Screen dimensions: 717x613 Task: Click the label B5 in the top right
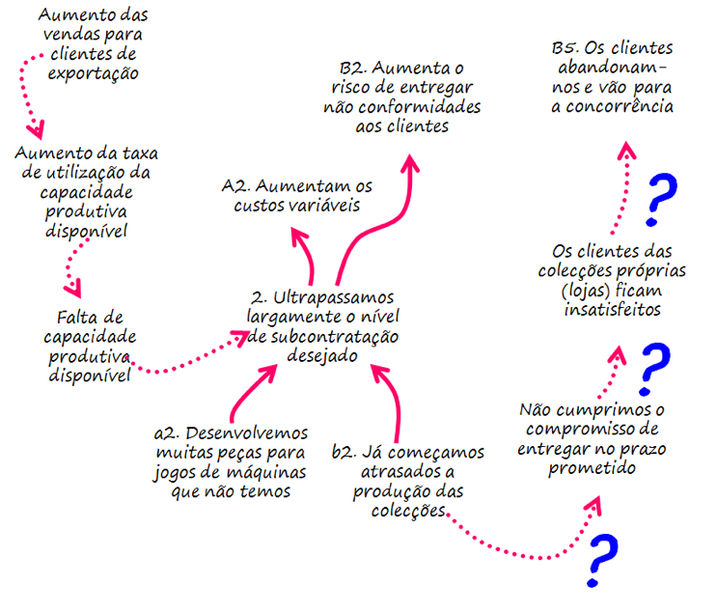tap(565, 48)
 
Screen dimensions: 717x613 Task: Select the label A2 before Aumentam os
tap(236, 185)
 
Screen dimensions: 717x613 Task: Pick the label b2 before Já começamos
tap(345, 452)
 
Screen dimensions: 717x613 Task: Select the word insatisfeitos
tap(613, 310)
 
